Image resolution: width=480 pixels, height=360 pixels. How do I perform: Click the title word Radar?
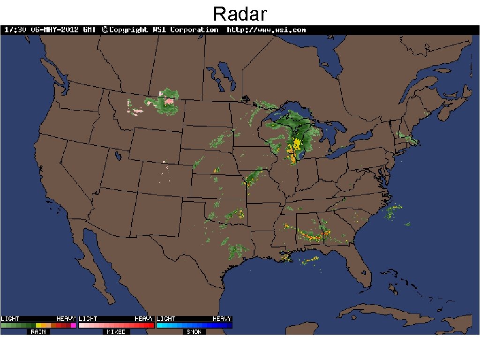[x=240, y=14]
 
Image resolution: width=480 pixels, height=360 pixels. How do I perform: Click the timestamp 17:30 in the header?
[x=15, y=30]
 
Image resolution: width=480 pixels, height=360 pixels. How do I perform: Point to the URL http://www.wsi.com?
[x=266, y=30]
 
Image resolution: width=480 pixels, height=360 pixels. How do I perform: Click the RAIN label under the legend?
[x=38, y=332]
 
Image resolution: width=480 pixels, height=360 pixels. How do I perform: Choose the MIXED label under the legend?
[x=116, y=332]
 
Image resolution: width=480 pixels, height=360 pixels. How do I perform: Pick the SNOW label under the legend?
[x=194, y=332]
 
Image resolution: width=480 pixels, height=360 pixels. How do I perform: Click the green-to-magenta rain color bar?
[x=38, y=325]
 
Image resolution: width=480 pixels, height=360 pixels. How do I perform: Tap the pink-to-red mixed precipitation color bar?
[x=116, y=325]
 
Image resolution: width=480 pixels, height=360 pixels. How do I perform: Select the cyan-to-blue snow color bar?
[x=194, y=325]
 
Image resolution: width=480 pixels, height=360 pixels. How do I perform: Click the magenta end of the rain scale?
[x=74, y=325]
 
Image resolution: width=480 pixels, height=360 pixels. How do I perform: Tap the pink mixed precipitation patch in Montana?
[x=168, y=99]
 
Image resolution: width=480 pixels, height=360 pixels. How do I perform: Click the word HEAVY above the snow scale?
[x=222, y=319]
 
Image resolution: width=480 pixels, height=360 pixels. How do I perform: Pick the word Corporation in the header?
[x=194, y=30]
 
